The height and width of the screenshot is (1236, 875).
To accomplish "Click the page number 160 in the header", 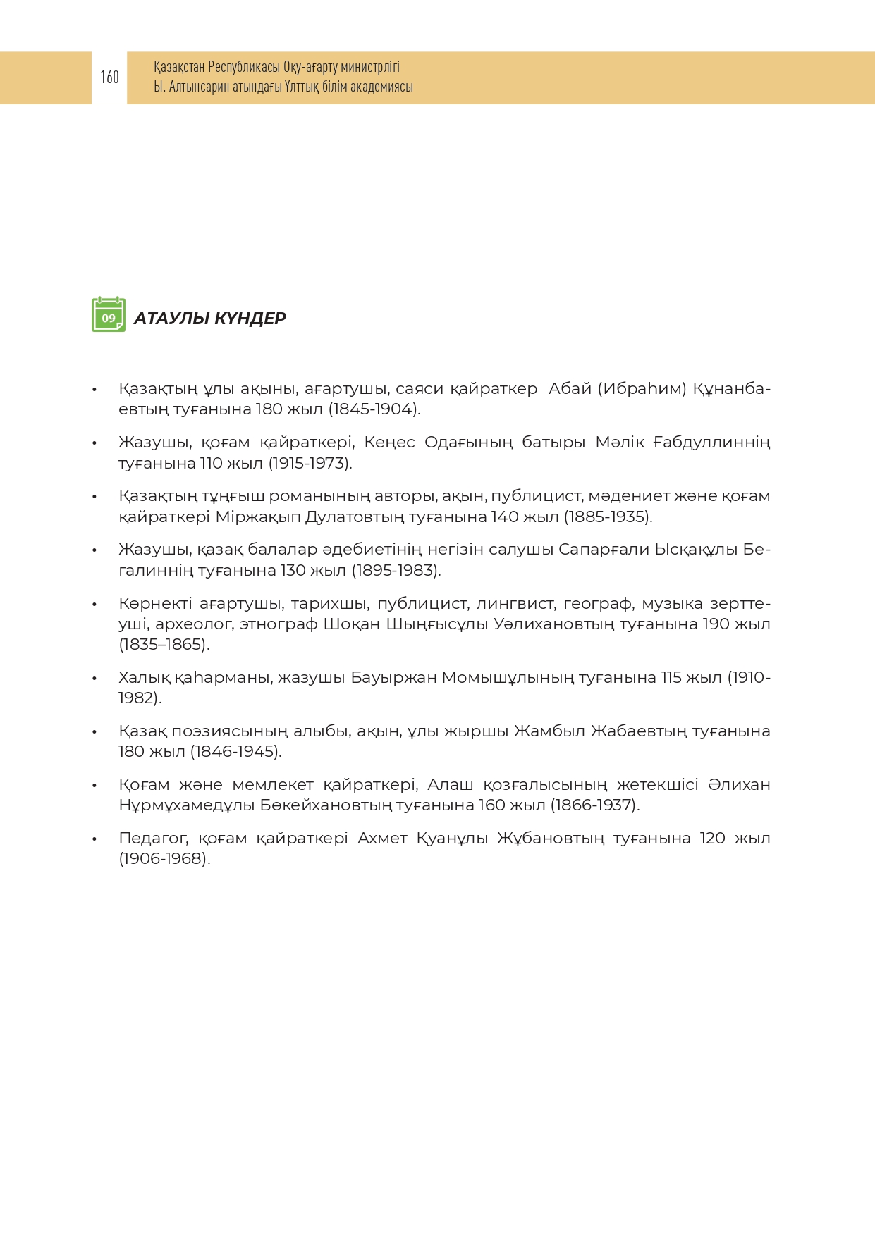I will (x=109, y=77).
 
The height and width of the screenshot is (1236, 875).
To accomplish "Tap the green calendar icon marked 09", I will (x=109, y=315).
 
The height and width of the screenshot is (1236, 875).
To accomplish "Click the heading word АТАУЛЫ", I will (x=169, y=319).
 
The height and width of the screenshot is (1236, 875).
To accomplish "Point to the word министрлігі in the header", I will (x=370, y=67).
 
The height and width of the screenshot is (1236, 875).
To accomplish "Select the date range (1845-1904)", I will (x=374, y=409).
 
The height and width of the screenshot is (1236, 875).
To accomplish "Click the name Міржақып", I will (x=257, y=517).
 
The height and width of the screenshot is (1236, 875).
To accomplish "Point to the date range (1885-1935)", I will (x=608, y=517).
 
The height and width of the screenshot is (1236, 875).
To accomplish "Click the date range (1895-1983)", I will (x=396, y=571).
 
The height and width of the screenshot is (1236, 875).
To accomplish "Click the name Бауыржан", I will (x=393, y=678).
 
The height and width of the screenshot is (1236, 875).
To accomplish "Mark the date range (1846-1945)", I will (x=235, y=752).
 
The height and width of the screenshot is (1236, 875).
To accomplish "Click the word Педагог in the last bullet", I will (x=153, y=839).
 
